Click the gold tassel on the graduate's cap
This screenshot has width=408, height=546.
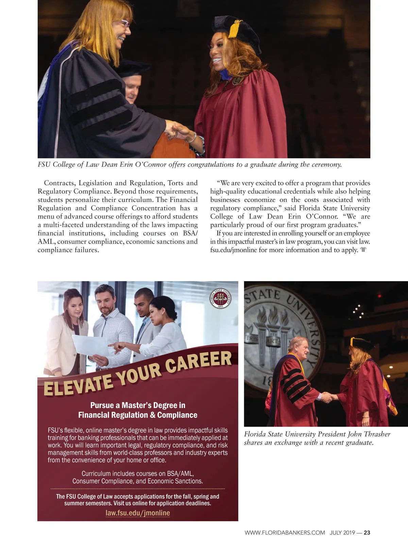pos(234,29)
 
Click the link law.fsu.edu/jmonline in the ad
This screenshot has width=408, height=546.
pos(138,513)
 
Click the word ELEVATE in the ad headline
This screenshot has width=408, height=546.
pos(78,385)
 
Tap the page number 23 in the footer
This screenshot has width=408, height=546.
pos(367,533)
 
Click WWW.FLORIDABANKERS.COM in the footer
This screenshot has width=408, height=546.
pos(285,533)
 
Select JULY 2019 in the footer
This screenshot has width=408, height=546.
pos(342,533)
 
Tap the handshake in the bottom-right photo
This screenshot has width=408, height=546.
pos(327,397)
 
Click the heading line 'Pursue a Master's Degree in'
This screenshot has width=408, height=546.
pos(138,405)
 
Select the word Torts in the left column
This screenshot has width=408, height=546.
pos(175,183)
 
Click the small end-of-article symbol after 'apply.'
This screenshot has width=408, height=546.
pos(363,250)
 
